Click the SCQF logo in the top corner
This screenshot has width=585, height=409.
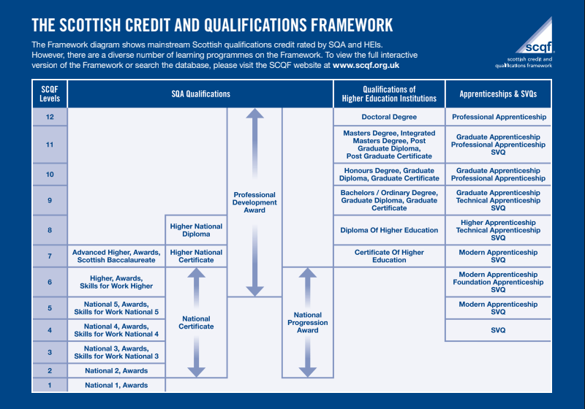[x=533, y=42]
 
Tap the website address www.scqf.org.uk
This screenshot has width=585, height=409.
[x=366, y=65]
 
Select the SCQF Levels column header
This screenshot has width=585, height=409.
[x=50, y=93]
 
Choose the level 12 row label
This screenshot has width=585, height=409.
[x=50, y=117]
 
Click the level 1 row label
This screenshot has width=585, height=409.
[x=50, y=385]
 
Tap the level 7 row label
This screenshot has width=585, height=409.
[x=50, y=256]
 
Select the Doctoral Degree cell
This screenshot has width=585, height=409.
[x=389, y=117]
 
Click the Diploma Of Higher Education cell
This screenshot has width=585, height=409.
[x=389, y=230]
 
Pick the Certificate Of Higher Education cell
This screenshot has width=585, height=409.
[x=389, y=256]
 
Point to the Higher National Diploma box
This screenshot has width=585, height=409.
[x=196, y=230]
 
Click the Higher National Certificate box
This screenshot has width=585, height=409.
[x=196, y=256]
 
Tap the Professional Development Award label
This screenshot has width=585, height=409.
[x=254, y=202]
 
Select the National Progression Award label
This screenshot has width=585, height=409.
[x=308, y=322]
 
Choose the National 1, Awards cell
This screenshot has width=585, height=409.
[x=116, y=385]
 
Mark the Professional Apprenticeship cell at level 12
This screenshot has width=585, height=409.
[x=498, y=117]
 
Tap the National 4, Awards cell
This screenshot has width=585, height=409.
[x=116, y=330]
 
